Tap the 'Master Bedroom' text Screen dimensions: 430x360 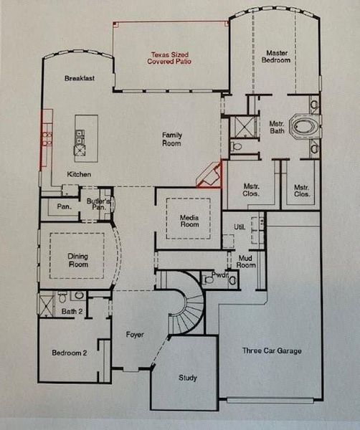tap(278, 57)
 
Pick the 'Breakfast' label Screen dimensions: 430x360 tap(80, 78)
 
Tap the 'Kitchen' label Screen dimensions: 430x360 tap(80, 174)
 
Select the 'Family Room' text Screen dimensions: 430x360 tap(171, 139)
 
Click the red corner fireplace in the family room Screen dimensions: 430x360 tap(210, 176)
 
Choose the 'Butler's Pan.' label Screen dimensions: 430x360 tap(98, 204)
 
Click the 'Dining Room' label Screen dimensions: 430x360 tap(77, 260)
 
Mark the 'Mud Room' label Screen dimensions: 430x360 tap(246, 261)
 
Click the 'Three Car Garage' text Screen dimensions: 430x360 tap(272, 350)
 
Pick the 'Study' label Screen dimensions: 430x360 tap(187, 378)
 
